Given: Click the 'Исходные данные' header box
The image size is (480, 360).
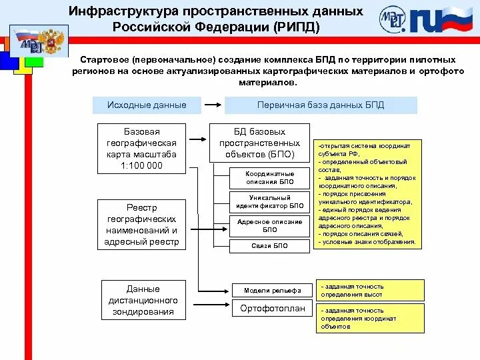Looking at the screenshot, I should click(147, 105).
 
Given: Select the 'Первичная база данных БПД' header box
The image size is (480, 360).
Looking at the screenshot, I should click(321, 105).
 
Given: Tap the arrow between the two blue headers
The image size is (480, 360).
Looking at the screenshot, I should click(211, 105).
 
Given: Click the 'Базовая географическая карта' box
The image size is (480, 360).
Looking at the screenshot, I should click(141, 148).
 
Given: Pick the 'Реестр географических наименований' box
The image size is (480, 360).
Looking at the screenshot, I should click(141, 225).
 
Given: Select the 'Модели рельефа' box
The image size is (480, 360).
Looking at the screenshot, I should click(268, 290).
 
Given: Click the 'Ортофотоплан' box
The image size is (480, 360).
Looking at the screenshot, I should click(268, 309).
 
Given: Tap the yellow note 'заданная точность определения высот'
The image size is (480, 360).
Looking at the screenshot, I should click(369, 290).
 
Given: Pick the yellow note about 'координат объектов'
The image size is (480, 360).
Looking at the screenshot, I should click(369, 318).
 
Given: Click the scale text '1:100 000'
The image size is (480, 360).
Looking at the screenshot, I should click(141, 165).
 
